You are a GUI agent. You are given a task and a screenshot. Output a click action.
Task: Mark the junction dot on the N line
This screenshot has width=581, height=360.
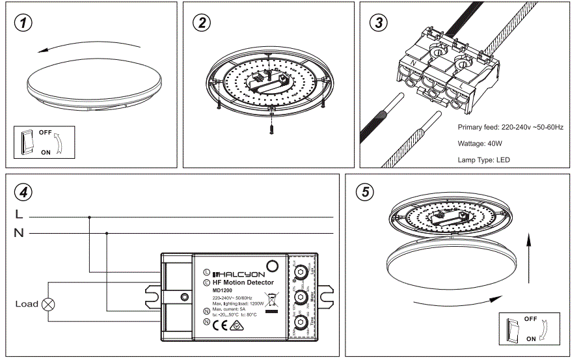click(x=106, y=232)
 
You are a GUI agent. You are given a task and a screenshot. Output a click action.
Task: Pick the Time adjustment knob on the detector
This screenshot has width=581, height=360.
click(x=301, y=322)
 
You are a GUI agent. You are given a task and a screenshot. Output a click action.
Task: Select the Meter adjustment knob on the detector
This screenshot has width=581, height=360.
click(x=301, y=297)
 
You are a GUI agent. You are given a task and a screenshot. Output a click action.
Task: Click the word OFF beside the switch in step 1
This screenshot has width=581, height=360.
click(x=45, y=132)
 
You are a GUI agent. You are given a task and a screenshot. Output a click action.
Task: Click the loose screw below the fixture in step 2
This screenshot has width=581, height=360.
click(x=271, y=128)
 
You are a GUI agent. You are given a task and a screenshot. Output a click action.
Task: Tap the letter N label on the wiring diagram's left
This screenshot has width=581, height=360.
click(x=18, y=233)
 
